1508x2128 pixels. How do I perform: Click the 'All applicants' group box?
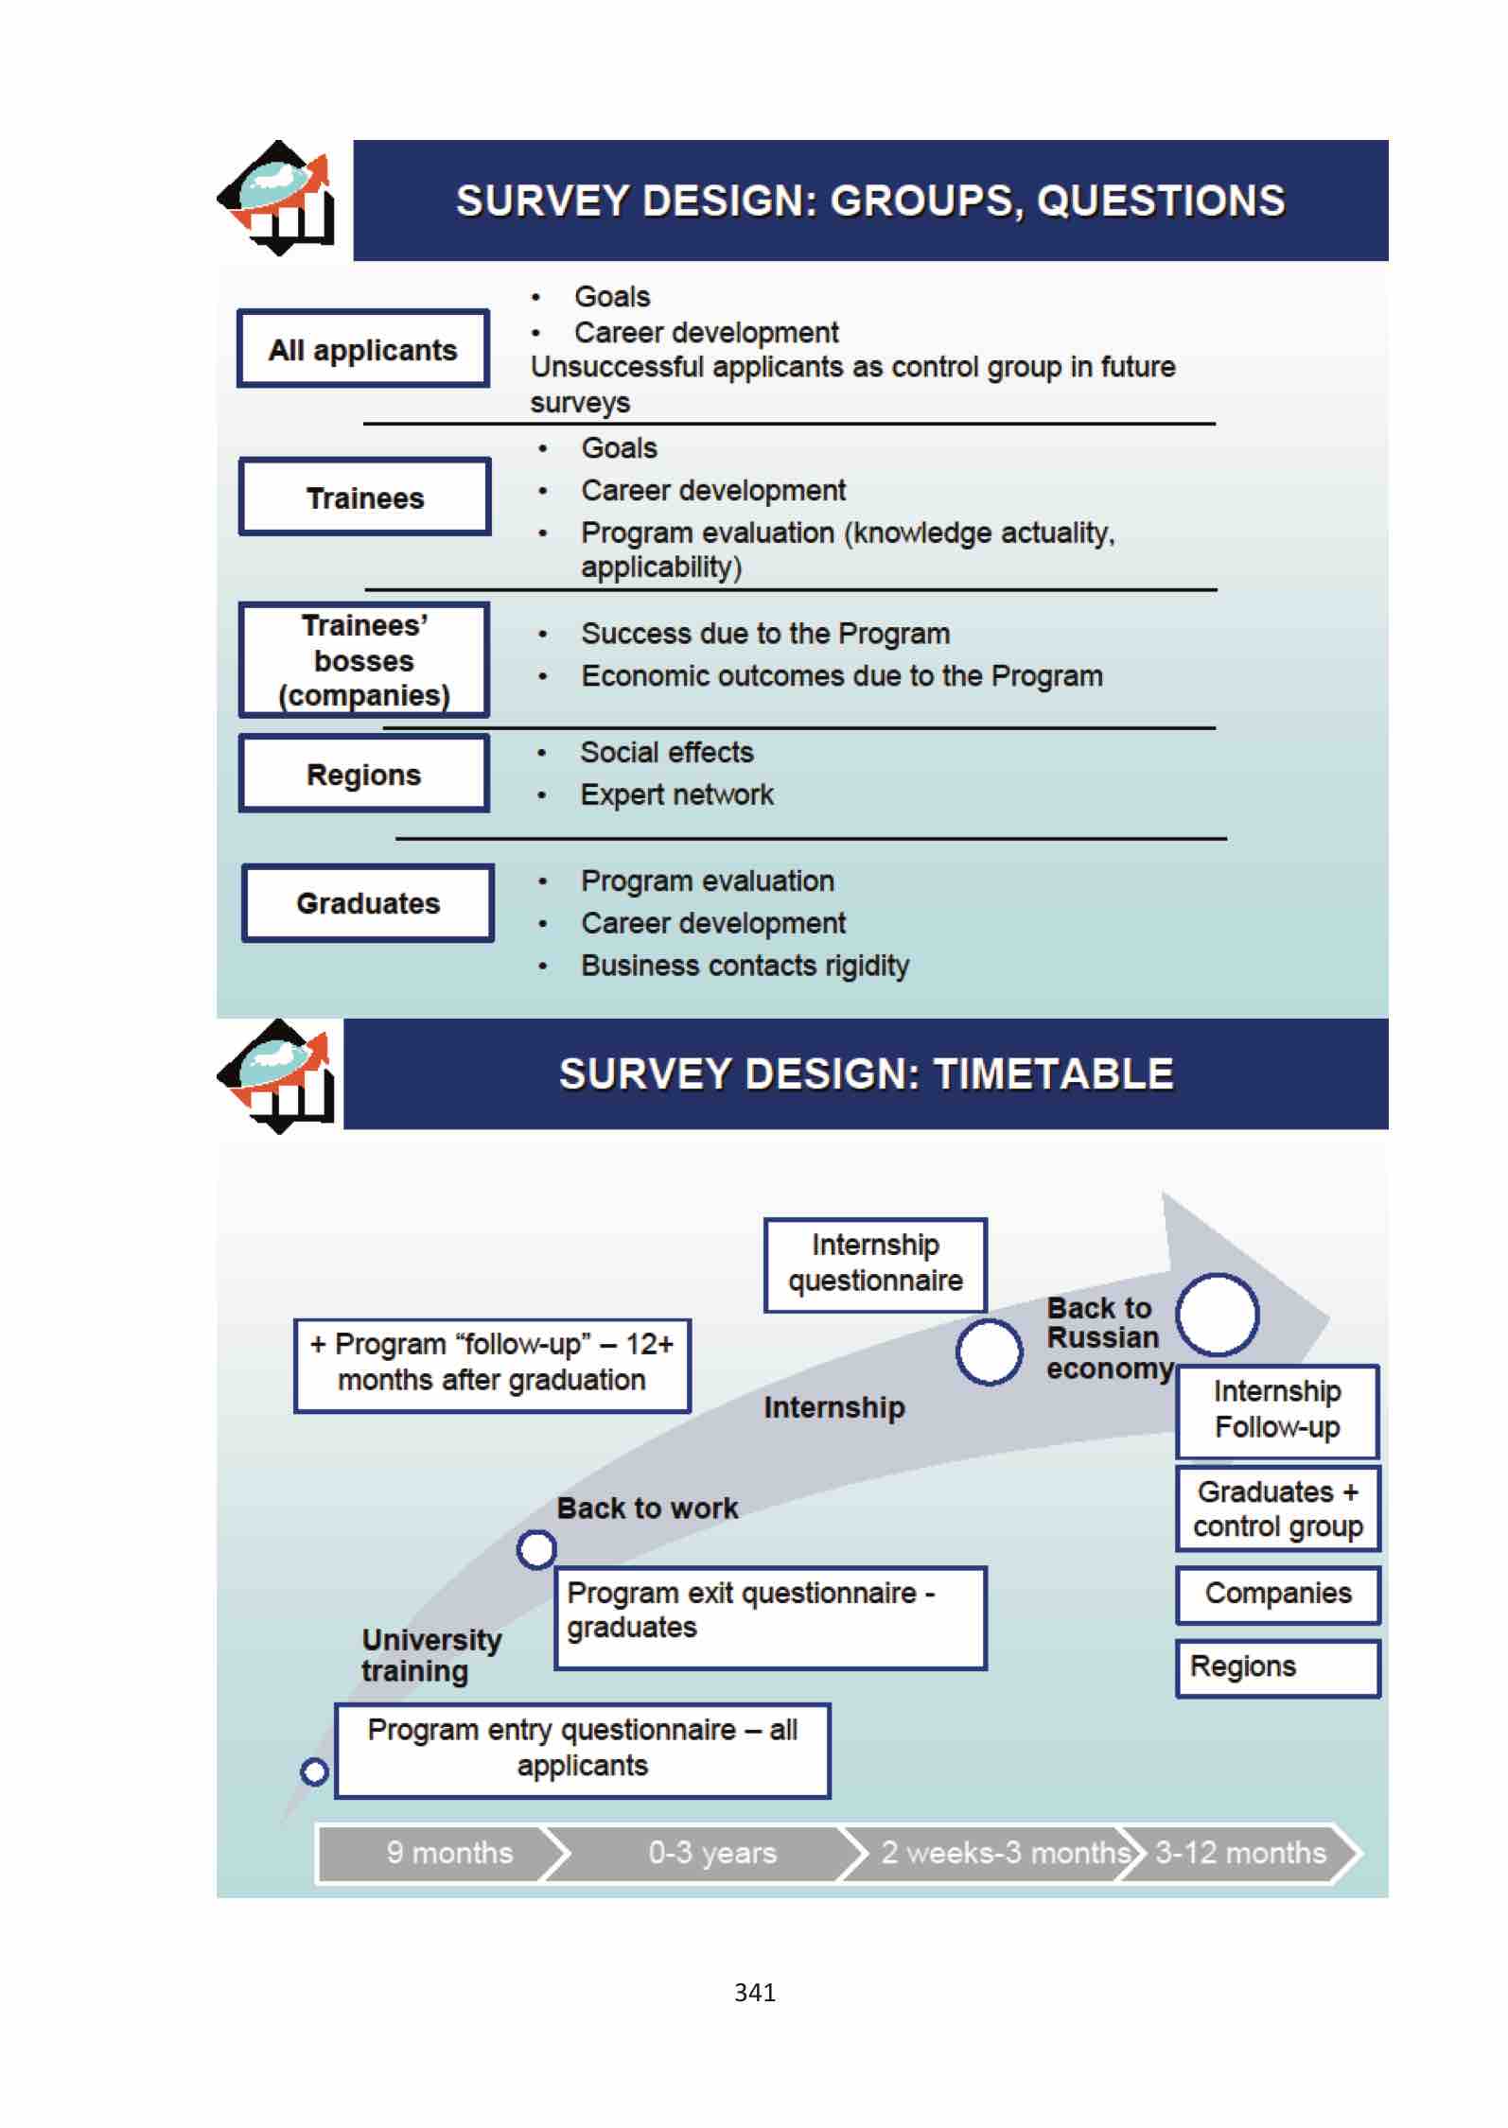[363, 349]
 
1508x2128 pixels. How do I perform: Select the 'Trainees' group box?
[365, 497]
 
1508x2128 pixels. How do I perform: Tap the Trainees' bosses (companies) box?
[364, 660]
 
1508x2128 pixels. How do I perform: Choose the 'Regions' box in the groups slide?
[364, 775]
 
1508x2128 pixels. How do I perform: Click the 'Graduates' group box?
[368, 903]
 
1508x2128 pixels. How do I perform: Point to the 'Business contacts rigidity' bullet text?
[745, 966]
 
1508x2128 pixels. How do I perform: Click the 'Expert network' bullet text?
[676, 794]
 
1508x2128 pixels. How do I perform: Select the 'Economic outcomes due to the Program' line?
[841, 676]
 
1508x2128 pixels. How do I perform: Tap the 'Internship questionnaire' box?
[875, 1264]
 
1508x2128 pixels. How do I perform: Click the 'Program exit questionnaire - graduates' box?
[770, 1617]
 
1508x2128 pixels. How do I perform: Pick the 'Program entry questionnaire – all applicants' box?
[583, 1749]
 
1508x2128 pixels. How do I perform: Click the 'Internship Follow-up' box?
[1277, 1410]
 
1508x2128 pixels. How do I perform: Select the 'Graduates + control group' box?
[1277, 1509]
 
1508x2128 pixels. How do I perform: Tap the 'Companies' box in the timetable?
[1277, 1594]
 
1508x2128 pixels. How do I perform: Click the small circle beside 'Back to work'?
[536, 1549]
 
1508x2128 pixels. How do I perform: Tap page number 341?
[755, 1992]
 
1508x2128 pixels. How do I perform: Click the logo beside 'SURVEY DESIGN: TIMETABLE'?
[278, 1075]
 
